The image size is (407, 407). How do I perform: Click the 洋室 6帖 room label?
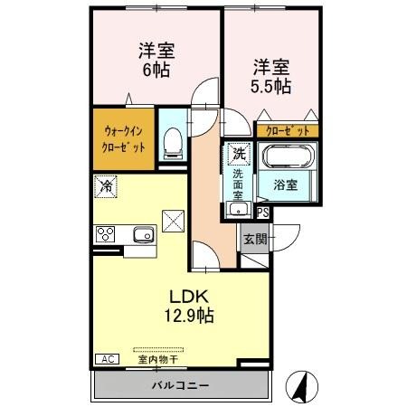tap(155, 60)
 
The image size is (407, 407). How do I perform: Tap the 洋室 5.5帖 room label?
tap(271, 76)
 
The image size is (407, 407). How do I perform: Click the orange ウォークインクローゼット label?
tap(123, 137)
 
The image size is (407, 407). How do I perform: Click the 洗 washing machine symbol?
tap(238, 153)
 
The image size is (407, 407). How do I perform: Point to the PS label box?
tap(262, 213)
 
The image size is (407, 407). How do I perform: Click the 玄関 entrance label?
tap(254, 240)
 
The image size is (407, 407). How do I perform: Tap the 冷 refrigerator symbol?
tap(107, 187)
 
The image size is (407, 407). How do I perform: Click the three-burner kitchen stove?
tap(105, 235)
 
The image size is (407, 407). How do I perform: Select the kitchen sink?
tap(144, 236)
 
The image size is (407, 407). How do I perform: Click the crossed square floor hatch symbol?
tap(174, 218)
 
